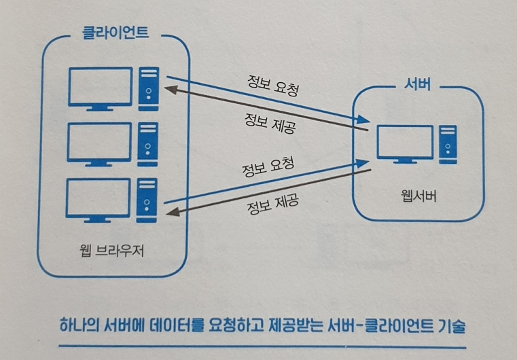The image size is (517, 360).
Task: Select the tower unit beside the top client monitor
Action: pyautogui.click(x=147, y=86)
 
